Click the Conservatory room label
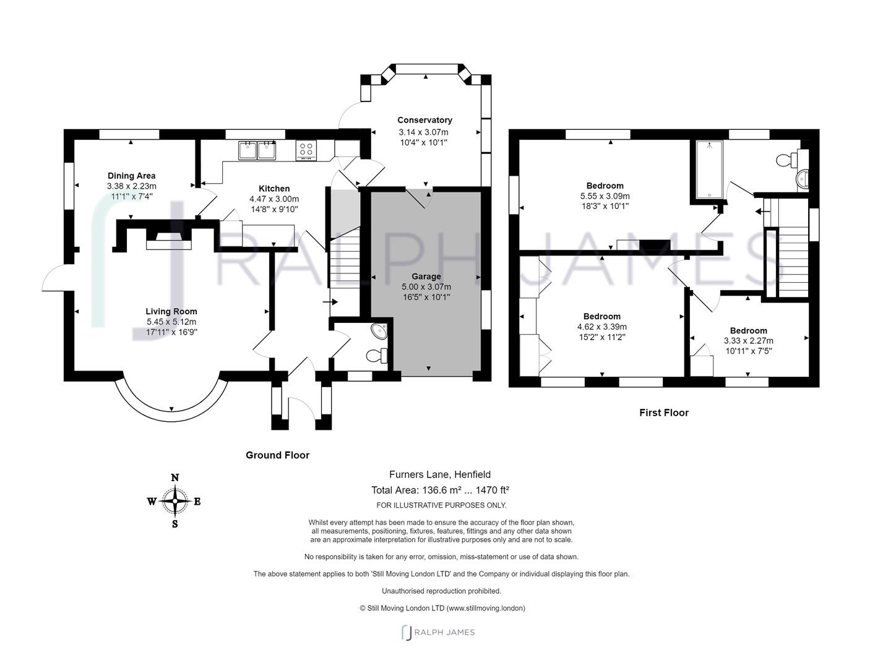pos(424,120)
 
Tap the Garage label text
pos(426,276)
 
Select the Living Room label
pos(171,311)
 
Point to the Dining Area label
pos(131,176)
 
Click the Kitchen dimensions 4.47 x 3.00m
pos(274,199)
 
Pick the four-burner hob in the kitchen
pos(306,149)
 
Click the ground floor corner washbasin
pos(378,331)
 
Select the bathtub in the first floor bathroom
pos(709,170)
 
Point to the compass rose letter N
pos(175,477)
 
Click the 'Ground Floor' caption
pos(277,455)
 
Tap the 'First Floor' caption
pos(663,413)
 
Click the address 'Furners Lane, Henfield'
pos(439,474)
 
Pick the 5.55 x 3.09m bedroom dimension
pos(605,196)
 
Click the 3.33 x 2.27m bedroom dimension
pos(748,341)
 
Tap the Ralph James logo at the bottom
pos(438,632)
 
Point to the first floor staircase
pos(793,260)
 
